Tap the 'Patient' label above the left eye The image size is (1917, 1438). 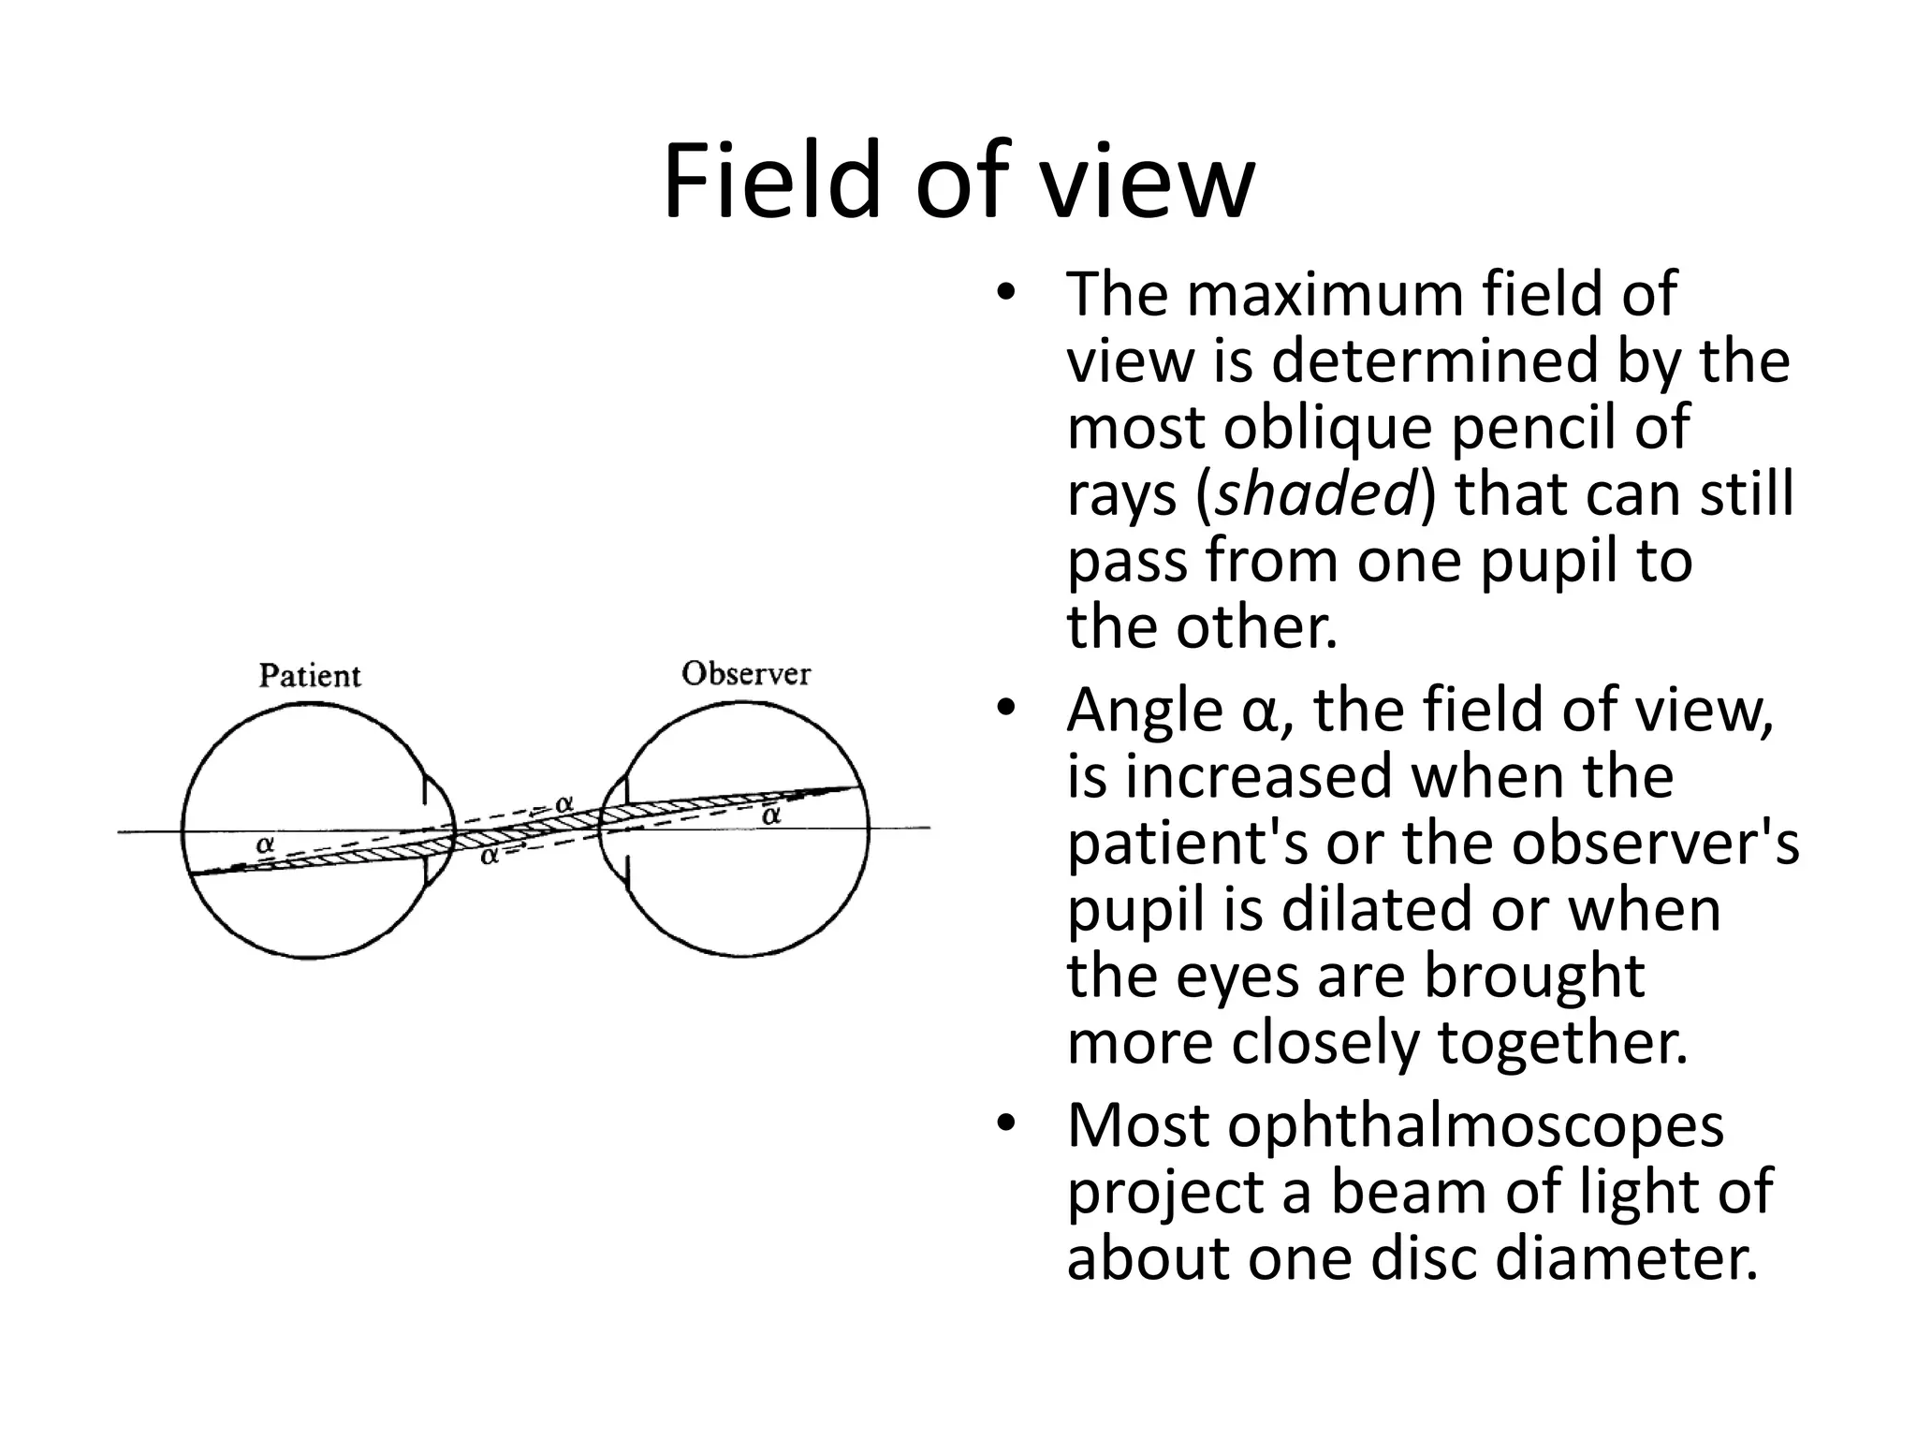(x=309, y=675)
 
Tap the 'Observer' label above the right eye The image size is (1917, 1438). (x=746, y=673)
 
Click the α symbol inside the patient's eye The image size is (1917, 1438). (x=266, y=844)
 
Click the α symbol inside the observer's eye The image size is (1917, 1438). (x=770, y=815)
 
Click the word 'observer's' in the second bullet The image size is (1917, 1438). (x=1656, y=844)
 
